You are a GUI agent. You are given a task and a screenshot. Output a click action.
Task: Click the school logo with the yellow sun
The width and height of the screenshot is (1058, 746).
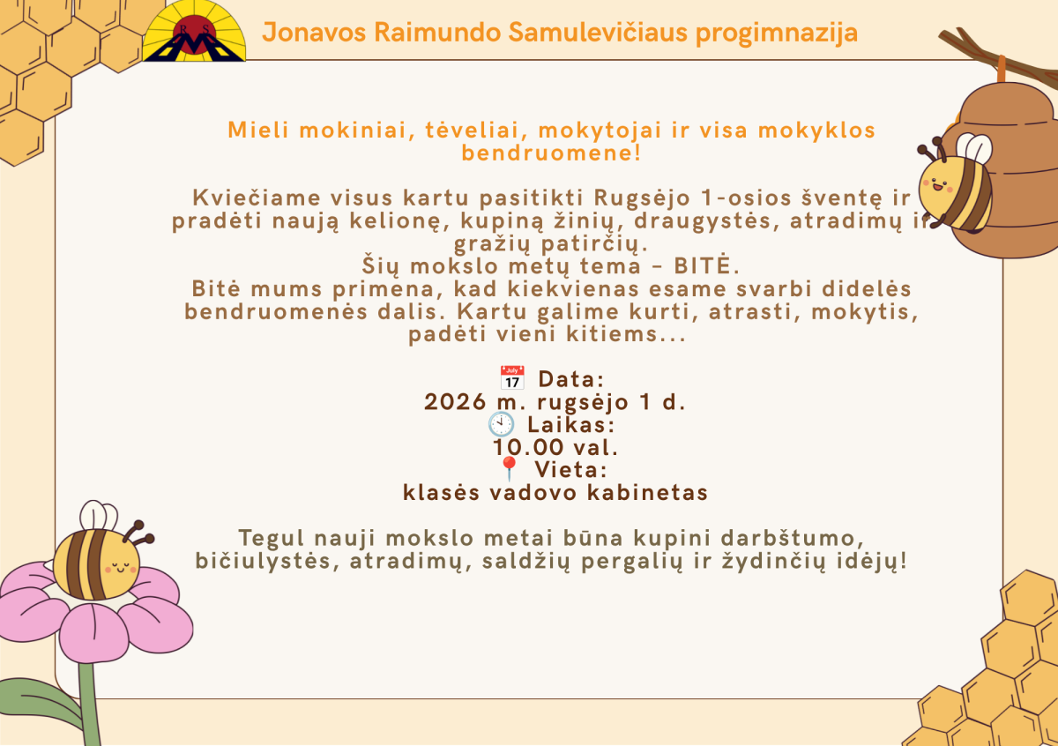(x=194, y=31)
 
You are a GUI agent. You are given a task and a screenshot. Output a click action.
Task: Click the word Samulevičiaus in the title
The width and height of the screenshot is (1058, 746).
(x=598, y=33)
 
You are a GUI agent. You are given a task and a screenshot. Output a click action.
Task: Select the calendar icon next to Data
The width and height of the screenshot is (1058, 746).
(x=512, y=377)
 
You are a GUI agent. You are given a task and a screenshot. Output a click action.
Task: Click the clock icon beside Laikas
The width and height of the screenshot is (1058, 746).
(x=501, y=424)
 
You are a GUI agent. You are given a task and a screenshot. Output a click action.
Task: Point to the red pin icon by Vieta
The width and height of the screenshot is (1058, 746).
(x=510, y=468)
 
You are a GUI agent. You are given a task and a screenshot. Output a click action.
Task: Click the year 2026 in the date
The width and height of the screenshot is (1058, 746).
(x=455, y=402)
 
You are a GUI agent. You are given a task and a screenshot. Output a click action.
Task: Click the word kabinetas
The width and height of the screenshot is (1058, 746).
(x=647, y=493)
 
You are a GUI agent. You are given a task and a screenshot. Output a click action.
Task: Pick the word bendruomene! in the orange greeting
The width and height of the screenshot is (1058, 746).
(x=551, y=153)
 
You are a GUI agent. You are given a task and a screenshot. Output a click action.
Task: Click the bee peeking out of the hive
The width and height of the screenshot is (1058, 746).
(x=956, y=185)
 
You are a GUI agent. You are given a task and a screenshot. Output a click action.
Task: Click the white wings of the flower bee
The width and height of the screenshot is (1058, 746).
(x=98, y=516)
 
